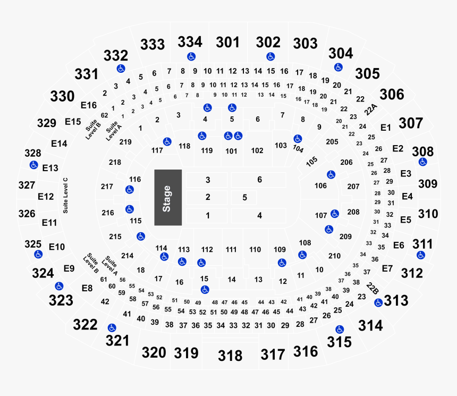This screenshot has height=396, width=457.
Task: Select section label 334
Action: [190, 41]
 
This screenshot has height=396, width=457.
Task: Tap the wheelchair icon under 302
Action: [270, 56]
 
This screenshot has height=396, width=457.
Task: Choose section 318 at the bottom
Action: [230, 355]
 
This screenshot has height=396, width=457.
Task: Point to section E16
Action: [89, 105]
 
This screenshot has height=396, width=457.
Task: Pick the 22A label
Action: [371, 109]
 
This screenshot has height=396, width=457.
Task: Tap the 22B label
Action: [373, 289]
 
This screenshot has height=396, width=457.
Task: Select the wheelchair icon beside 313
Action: [378, 302]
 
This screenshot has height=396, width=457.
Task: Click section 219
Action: [125, 142]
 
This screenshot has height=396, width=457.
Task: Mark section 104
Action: [298, 149]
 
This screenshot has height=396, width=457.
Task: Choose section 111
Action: [231, 249]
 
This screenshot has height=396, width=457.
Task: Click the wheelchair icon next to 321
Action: [112, 327]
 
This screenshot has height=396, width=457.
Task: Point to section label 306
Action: [392, 95]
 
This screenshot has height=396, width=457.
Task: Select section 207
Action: [353, 187]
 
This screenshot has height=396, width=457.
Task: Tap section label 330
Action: [62, 96]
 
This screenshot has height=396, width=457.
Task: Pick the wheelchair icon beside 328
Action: [33, 165]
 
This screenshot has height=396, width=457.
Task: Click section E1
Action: [386, 128]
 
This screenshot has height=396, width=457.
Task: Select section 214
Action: [127, 256]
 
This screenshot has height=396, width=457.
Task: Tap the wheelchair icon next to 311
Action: [421, 255]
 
